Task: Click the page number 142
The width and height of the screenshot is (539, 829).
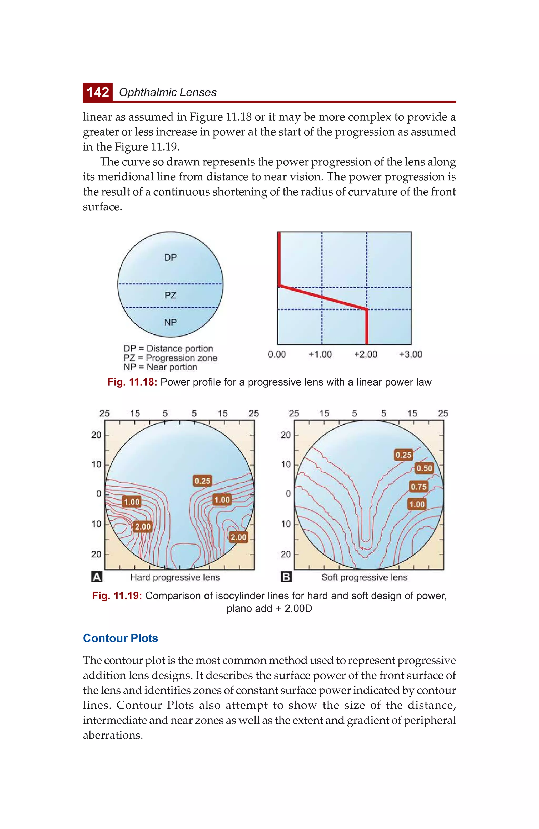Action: tap(98, 92)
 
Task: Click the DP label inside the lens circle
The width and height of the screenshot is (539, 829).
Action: tap(170, 257)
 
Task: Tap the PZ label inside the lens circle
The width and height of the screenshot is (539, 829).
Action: tap(170, 295)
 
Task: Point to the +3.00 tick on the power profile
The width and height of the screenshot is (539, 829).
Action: tap(410, 354)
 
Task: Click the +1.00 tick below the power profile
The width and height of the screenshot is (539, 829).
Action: tap(320, 354)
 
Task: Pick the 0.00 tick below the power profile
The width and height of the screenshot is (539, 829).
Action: tap(277, 354)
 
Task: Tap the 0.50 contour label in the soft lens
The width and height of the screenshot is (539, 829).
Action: tap(424, 468)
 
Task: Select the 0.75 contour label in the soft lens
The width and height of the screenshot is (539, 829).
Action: tap(418, 487)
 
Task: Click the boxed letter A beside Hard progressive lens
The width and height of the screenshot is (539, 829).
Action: tap(97, 577)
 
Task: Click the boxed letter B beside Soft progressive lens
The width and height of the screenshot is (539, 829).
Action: tap(286, 577)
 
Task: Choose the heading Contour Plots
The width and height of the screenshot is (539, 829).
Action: tap(121, 638)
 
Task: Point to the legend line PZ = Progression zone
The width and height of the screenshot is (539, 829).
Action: tap(170, 358)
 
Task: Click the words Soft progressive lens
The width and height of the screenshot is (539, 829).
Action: tap(364, 577)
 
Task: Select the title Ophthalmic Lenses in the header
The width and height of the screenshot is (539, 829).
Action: tap(168, 92)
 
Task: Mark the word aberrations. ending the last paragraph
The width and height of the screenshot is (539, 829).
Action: tap(113, 735)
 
